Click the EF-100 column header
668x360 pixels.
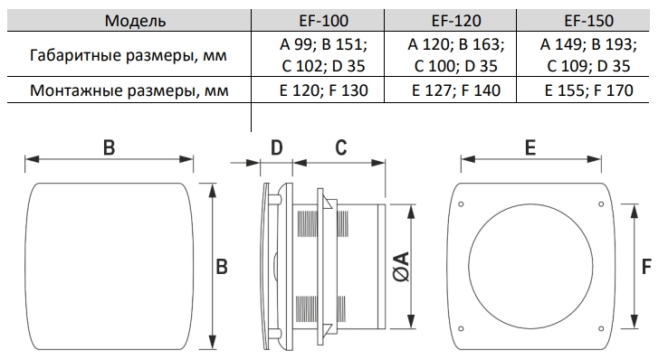coord(323,21)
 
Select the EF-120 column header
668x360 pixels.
coord(456,21)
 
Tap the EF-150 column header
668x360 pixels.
coord(588,21)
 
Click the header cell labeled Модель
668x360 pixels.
coord(135,21)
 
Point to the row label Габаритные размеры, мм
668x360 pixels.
coord(129,55)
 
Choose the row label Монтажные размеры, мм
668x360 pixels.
coord(129,90)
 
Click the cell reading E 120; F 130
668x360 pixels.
coord(323,90)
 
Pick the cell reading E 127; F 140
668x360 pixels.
coord(456,90)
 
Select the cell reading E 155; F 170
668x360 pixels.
coord(588,90)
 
